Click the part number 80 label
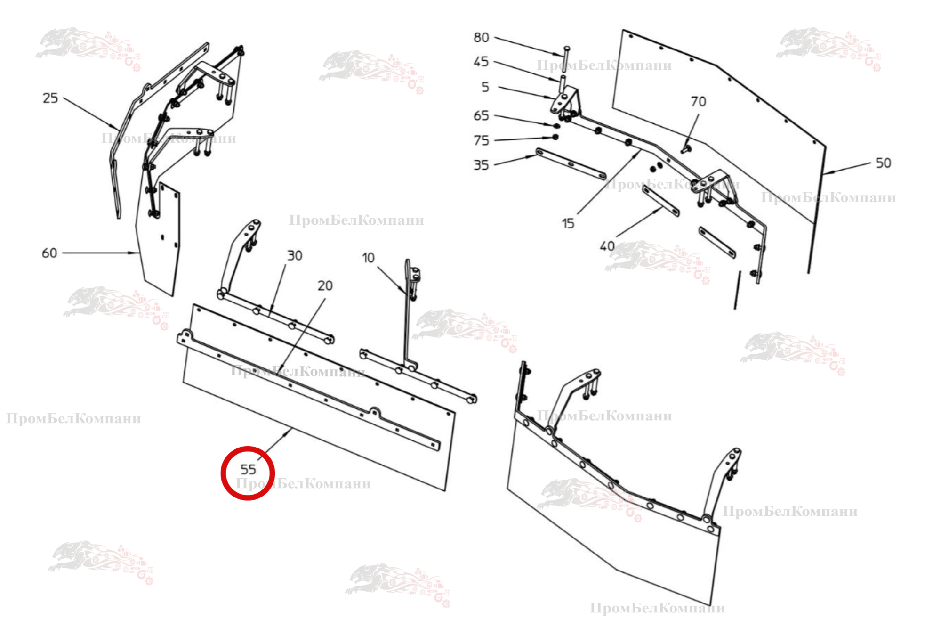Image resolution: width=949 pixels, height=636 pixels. click(481, 37)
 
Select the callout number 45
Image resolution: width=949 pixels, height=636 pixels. click(481, 62)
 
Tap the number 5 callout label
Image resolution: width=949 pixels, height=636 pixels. click(485, 87)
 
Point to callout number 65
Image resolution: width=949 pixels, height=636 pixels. click(481, 115)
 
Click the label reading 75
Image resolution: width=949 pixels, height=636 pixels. click(481, 140)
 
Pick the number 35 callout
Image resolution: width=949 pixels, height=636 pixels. click(481, 165)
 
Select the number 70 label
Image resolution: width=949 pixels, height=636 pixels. click(698, 101)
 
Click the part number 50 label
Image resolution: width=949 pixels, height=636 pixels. click(883, 163)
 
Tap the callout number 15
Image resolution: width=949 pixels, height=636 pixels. click(568, 223)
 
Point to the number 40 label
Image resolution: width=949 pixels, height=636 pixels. click(607, 246)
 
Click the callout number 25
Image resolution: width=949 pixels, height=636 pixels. click(50, 98)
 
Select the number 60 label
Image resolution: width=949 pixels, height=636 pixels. click(49, 253)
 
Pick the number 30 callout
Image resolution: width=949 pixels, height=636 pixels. click(295, 255)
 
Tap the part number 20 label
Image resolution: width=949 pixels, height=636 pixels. click(325, 285)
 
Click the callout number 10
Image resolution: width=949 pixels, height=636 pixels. click(368, 258)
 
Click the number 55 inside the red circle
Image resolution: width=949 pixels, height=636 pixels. click(248, 469)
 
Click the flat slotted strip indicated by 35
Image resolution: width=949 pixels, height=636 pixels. click(571, 164)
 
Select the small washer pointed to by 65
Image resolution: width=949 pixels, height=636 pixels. click(557, 125)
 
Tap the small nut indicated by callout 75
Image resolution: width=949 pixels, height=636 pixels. click(555, 137)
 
